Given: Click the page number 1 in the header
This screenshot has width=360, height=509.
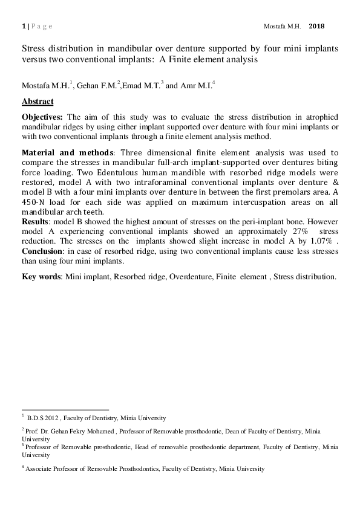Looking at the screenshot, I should [23, 27].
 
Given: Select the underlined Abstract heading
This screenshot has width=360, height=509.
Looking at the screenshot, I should [38, 101].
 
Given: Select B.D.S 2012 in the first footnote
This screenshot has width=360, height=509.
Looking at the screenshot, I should [41, 418].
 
